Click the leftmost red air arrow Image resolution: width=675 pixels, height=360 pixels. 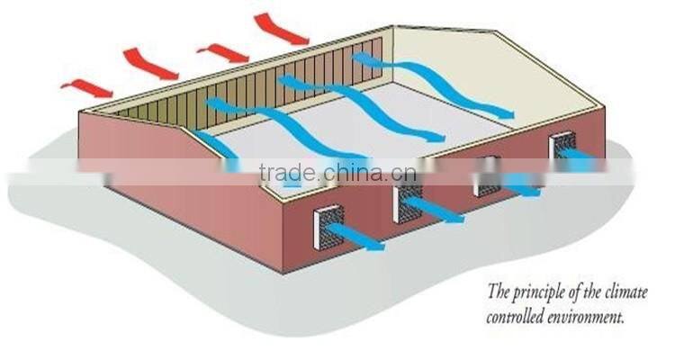pos(86,86)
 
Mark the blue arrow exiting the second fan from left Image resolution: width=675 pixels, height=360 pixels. pos(441,213)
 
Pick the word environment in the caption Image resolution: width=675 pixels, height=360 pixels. pos(594,317)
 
